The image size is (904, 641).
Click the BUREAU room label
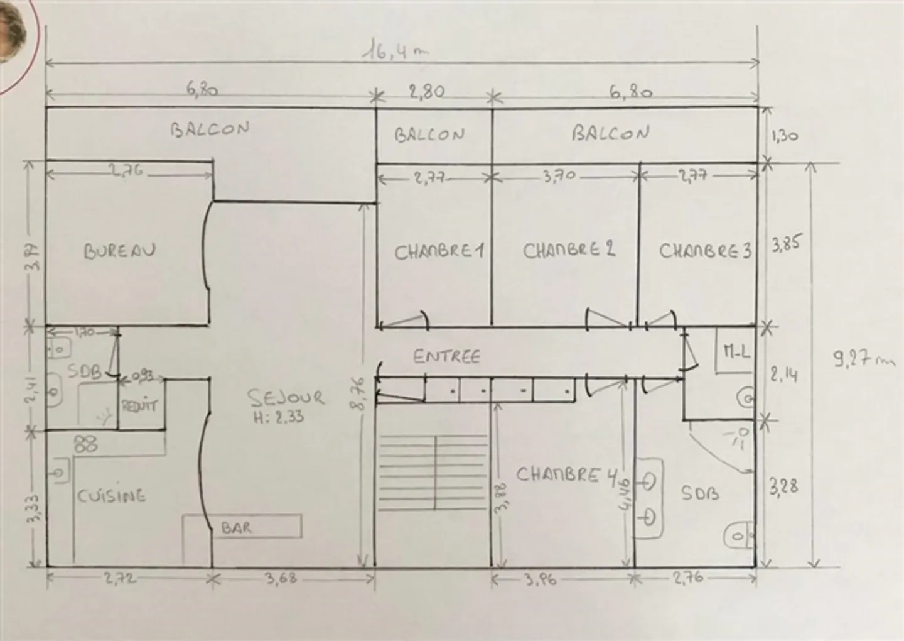[x=119, y=251]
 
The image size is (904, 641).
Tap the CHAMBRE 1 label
[x=439, y=252]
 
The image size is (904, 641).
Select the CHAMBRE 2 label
[x=569, y=250]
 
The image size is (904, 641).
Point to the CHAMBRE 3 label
[x=704, y=251]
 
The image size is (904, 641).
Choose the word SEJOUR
[x=286, y=397]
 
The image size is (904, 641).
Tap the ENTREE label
[x=446, y=356]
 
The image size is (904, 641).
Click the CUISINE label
[x=111, y=496]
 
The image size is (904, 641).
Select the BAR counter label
[x=236, y=528]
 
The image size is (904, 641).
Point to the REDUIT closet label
[x=139, y=405]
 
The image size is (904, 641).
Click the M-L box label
[x=736, y=353]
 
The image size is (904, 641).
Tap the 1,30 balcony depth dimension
[x=784, y=135]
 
